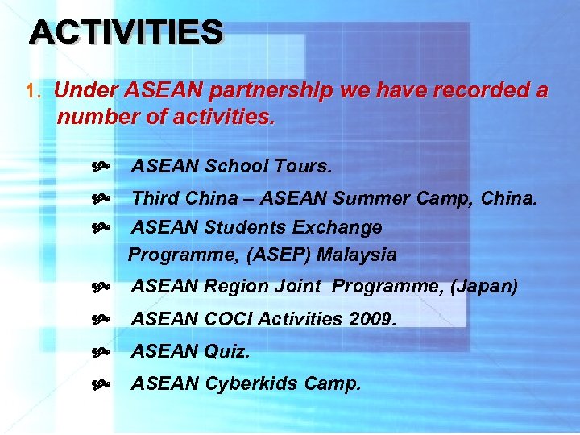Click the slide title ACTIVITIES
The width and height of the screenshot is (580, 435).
click(126, 32)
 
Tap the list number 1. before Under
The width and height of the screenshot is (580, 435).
click(33, 92)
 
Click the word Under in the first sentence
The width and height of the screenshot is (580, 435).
click(79, 91)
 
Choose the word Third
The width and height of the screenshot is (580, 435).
click(155, 197)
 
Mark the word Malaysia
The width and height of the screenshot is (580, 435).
click(356, 255)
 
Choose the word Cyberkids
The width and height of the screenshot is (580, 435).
click(248, 384)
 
